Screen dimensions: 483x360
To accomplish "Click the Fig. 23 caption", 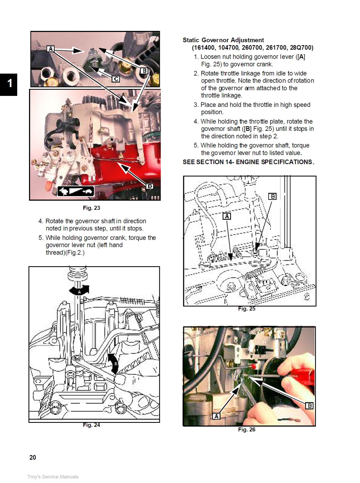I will pyautogui.click(x=91, y=208).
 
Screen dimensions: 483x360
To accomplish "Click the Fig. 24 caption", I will pyautogui.click(x=91, y=425).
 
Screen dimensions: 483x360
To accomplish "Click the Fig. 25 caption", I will pyautogui.click(x=247, y=309).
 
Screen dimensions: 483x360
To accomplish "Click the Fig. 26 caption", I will pyautogui.click(x=247, y=430).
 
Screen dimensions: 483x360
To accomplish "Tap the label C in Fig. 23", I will pyautogui.click(x=116, y=79).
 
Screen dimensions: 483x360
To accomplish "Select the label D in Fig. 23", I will pyautogui.click(x=150, y=186).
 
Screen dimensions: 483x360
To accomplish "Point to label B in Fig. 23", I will pyautogui.click(x=144, y=71).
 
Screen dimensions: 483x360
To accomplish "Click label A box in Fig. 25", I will pyautogui.click(x=227, y=216).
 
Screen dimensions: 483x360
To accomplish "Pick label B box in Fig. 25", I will pyautogui.click(x=272, y=196).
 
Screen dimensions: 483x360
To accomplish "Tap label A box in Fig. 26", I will pyautogui.click(x=216, y=416).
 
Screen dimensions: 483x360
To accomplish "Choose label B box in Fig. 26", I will pyautogui.click(x=309, y=406).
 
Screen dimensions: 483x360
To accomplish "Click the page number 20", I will pyautogui.click(x=33, y=457).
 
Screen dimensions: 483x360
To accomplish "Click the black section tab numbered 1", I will pyautogui.click(x=9, y=84).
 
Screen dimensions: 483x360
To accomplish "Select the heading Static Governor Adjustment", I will pyautogui.click(x=223, y=40).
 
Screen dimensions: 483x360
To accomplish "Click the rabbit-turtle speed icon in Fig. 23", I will pyautogui.click(x=76, y=191).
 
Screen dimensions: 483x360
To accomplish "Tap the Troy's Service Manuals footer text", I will pyautogui.click(x=53, y=477).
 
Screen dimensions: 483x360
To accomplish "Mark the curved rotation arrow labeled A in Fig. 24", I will pyautogui.click(x=79, y=290).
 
